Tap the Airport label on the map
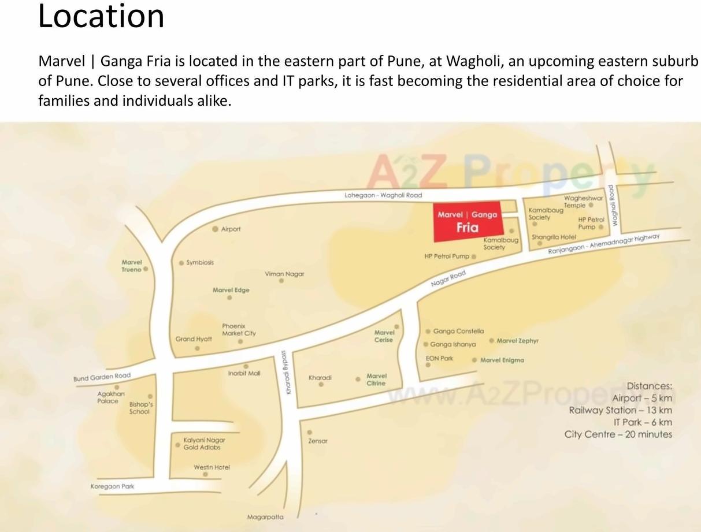(x=231, y=229)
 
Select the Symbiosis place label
(x=199, y=262)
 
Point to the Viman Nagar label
(x=284, y=274)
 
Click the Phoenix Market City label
(x=239, y=330)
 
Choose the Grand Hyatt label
(x=194, y=339)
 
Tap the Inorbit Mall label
(x=244, y=373)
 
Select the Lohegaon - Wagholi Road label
(x=383, y=195)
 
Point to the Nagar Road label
(x=448, y=278)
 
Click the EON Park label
(x=439, y=358)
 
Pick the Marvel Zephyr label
(x=517, y=341)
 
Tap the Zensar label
(x=318, y=441)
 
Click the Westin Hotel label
(x=212, y=467)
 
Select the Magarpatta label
(x=265, y=517)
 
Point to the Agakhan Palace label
(x=110, y=397)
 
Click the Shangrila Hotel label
(x=554, y=237)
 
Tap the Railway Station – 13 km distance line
(x=620, y=410)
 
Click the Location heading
(x=101, y=16)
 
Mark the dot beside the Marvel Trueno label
(x=146, y=269)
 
